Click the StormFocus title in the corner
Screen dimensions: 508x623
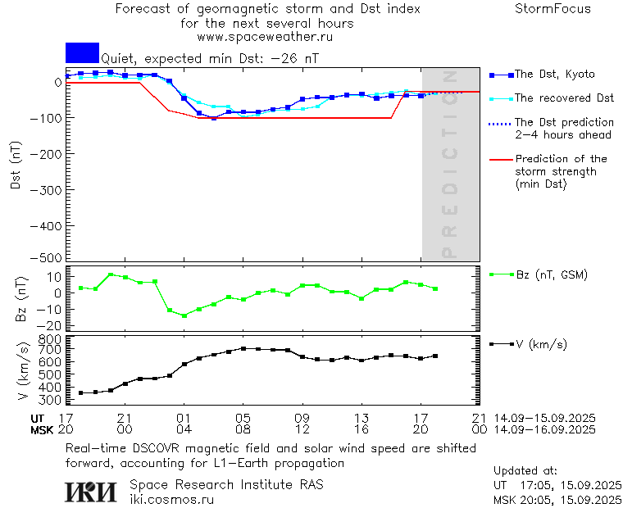coord(553,9)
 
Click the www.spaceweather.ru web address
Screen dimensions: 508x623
coord(264,37)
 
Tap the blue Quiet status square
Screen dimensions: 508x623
coord(82,52)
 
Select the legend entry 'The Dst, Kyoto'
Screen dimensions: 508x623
coord(554,75)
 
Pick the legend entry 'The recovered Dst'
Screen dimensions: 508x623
coord(564,98)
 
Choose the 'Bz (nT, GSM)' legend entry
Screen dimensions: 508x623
coord(551,274)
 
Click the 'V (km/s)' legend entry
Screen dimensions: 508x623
coord(540,344)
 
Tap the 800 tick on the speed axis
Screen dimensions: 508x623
coord(52,338)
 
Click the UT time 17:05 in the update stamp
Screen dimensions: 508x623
coord(529,485)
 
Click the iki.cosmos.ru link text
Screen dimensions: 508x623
coord(172,499)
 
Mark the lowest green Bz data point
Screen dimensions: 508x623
coord(184,315)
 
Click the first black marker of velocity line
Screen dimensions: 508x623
coord(80,393)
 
